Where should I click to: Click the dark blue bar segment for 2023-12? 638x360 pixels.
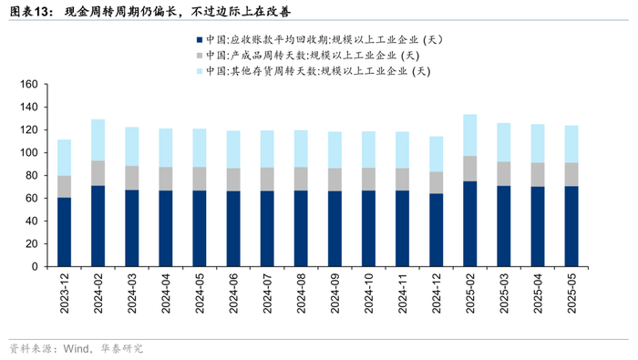coord(65,231)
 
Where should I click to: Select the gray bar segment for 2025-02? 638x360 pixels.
coord(470,169)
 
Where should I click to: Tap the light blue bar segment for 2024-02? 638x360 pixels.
coord(98,140)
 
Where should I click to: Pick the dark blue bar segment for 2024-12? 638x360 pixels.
coord(437,231)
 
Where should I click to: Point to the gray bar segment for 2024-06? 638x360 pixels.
coord(233,180)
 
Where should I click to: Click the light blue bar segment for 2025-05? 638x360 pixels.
coord(571,144)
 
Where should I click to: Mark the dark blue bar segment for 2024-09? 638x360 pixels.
coord(334,229)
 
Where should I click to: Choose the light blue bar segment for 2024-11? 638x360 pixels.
coord(403,150)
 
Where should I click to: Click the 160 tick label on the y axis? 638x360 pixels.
coord(29,84)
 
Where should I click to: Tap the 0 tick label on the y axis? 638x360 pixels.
coord(35,266)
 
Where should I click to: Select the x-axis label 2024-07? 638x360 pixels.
coord(267,293)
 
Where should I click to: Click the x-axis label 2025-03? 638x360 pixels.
coord(504,293)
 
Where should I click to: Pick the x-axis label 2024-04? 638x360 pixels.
coord(166,293)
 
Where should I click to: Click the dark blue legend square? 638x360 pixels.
coord(200,40)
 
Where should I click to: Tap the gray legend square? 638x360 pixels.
coord(200,56)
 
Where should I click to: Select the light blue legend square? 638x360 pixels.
coord(200,71)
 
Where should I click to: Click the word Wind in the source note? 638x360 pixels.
coord(76,349)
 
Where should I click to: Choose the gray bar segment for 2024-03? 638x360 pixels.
coord(132,178)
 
